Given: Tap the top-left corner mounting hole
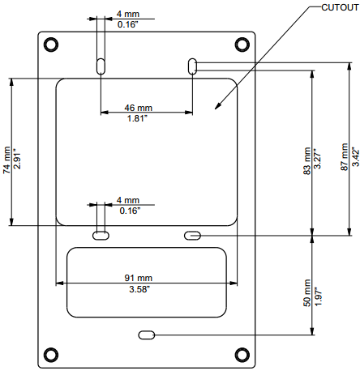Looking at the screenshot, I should tap(50, 44).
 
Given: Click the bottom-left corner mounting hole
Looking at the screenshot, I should tap(50, 353).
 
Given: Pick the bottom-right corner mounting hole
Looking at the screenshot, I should tap(242, 353).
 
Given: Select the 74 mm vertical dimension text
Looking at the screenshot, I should tap(7, 159).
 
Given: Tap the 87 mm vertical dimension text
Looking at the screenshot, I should tap(345, 159).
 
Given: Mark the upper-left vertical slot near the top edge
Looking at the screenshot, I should tap(100, 66).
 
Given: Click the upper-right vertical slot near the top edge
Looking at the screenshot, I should tap(192, 66).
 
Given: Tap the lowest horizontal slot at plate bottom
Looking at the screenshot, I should tap(147, 335).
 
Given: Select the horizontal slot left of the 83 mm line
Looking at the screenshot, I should tap(192, 235).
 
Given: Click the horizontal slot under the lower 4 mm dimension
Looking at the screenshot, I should tap(101, 235).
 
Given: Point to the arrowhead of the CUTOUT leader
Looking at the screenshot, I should tap(215, 106).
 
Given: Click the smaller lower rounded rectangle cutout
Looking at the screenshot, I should tap(147, 283).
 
